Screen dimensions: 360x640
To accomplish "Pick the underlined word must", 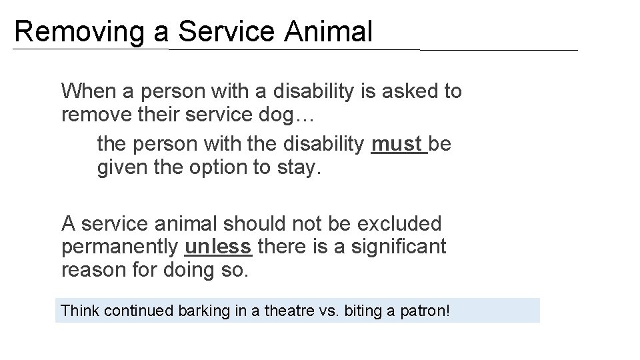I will click(x=397, y=144).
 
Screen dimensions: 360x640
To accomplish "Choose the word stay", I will click(x=297, y=167).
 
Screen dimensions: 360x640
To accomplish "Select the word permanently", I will click(x=120, y=247).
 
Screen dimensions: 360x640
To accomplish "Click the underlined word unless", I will click(x=218, y=247).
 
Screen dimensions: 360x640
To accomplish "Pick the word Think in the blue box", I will click(x=77, y=311).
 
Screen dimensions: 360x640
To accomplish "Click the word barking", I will click(x=201, y=311).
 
